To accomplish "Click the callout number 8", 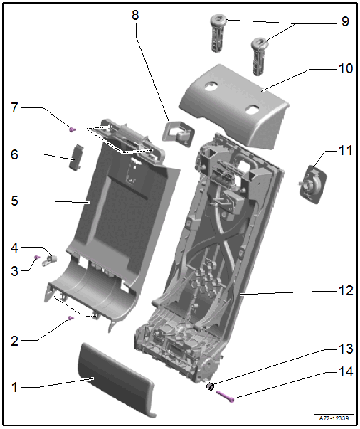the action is point(135,15).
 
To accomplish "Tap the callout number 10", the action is point(346,68).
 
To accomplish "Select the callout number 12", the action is point(346,290).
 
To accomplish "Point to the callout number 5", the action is point(14,201).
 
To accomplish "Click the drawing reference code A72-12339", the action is point(334,418).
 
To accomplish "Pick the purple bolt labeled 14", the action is point(225,396).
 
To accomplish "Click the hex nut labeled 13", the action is point(210,386).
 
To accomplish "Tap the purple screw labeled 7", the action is point(72,129).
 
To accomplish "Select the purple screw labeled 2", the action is point(70,318).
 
